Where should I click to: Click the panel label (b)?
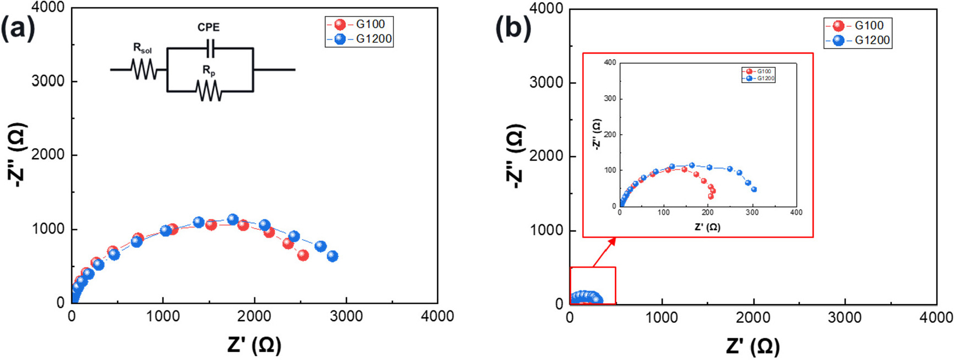(513, 28)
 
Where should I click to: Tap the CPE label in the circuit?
(208, 27)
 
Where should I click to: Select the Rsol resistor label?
(142, 49)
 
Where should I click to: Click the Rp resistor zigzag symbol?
(208, 91)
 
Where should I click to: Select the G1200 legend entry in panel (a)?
(360, 39)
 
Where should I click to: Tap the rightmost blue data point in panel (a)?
(332, 256)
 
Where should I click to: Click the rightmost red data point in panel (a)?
(303, 255)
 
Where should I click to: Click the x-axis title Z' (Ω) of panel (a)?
(254, 345)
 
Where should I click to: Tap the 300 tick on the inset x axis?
(752, 213)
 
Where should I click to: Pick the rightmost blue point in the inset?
(754, 189)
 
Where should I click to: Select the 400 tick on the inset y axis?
(610, 62)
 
